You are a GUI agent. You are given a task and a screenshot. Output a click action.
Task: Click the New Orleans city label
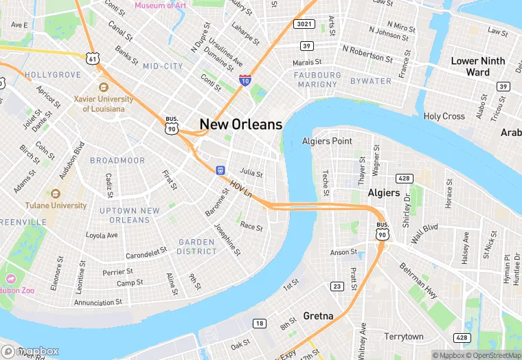pyautogui.click(x=240, y=124)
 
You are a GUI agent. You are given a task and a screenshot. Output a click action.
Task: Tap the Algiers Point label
pyautogui.click(x=327, y=142)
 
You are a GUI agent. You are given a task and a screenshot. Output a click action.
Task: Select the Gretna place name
pyautogui.click(x=318, y=316)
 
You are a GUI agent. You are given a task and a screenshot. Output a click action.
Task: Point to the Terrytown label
pyautogui.click(x=404, y=337)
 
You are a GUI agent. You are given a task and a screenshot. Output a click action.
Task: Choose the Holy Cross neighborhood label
pyautogui.click(x=444, y=116)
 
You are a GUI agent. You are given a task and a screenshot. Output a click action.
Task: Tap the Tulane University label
pyautogui.click(x=56, y=205)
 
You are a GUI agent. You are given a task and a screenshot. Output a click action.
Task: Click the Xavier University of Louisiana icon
pyautogui.click(x=104, y=88)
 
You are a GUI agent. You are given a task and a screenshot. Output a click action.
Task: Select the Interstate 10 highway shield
pyautogui.click(x=245, y=80)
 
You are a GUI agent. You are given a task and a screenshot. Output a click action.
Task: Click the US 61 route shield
pyautogui.click(x=91, y=58)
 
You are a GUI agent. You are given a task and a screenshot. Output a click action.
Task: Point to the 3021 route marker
pyautogui.click(x=304, y=25)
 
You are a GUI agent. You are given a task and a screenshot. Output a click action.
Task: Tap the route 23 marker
pyautogui.click(x=337, y=286)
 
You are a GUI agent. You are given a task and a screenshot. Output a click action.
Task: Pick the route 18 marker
pyautogui.click(x=259, y=324)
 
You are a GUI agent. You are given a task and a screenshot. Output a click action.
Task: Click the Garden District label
pyautogui.click(x=197, y=247)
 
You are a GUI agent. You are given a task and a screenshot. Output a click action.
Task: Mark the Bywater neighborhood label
pyautogui.click(x=370, y=81)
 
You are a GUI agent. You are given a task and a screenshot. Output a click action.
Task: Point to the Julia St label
pyautogui.click(x=251, y=172)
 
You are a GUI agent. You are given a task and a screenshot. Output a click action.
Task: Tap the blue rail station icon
pyautogui.click(x=220, y=170)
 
